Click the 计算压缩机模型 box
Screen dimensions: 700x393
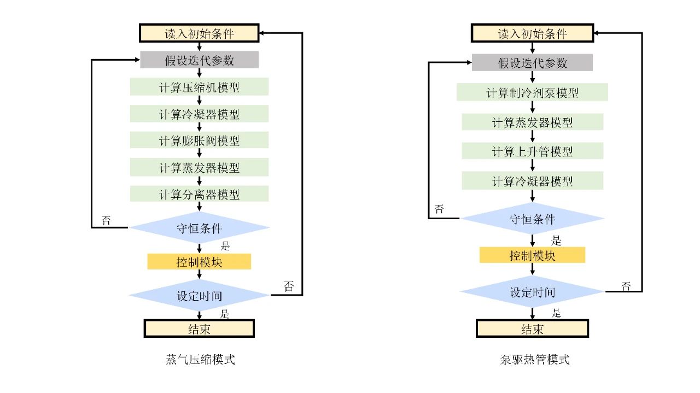tap(199, 86)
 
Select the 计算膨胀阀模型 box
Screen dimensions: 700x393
tap(199, 140)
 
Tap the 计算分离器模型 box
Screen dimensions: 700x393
tap(199, 193)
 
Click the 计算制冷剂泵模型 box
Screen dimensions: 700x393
tap(532, 92)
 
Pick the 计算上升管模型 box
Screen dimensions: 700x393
tap(533, 151)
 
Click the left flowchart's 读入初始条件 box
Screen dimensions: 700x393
tap(199, 33)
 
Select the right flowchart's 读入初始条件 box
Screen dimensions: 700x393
tap(533, 33)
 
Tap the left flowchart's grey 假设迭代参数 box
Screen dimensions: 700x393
tap(199, 60)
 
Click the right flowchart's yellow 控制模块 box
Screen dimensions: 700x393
tap(533, 255)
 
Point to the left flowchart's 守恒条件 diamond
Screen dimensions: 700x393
tap(199, 228)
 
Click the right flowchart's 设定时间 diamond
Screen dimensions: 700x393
tap(533, 291)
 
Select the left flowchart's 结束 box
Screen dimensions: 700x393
tap(199, 329)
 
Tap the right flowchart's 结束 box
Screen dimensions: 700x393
tap(533, 329)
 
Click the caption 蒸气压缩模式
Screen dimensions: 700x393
tap(200, 360)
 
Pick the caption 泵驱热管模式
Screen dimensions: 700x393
tap(535, 360)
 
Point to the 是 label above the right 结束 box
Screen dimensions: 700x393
tap(556, 313)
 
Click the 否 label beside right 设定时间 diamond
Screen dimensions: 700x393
tap(626, 286)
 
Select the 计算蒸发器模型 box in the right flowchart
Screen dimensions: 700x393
tap(533, 122)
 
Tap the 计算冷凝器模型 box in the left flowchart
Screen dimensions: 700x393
tap(199, 114)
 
